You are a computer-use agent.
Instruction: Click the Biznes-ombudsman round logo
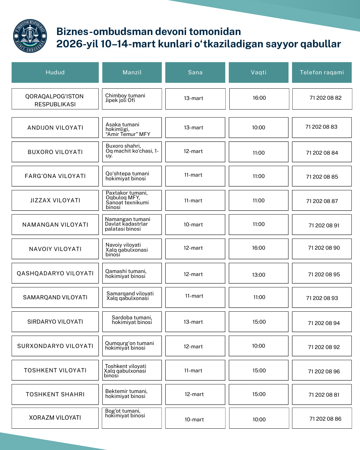[x=30, y=36]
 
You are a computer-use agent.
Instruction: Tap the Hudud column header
[x=55, y=72]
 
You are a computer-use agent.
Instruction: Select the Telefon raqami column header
[x=322, y=72]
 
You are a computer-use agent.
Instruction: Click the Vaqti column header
[x=259, y=72]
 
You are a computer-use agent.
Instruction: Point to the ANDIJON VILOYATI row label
[x=55, y=128]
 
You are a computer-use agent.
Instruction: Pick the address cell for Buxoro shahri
[x=132, y=152]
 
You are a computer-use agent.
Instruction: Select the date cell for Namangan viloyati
[x=193, y=225]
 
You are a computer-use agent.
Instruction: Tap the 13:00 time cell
[x=259, y=275]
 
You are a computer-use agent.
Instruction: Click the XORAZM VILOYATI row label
[x=55, y=418]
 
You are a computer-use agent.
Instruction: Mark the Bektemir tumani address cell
[x=132, y=394]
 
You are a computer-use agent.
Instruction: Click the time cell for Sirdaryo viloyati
[x=259, y=322]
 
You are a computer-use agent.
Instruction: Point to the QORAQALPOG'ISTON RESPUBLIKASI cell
[x=55, y=100]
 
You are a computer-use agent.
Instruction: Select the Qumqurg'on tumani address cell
[x=132, y=346]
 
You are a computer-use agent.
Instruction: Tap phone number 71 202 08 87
[x=322, y=201]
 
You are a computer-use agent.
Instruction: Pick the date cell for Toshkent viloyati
[x=193, y=370]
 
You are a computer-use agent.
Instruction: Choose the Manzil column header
[x=132, y=72]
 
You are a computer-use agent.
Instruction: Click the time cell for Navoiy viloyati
[x=259, y=248]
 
